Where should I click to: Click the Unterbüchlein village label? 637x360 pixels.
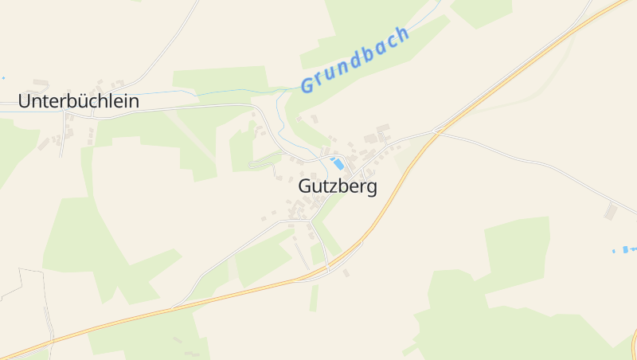point(79,101)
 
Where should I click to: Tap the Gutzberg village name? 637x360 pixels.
point(338,186)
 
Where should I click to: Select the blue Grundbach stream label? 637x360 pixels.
point(355,59)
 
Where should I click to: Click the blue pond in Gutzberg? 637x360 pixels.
point(338,163)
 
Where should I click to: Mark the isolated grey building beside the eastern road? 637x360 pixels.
point(611,211)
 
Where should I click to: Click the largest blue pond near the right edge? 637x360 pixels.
point(630,249)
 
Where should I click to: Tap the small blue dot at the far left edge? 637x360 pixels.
point(3,78)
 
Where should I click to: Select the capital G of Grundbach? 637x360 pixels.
point(307,84)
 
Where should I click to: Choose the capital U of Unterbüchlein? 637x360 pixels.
point(24,101)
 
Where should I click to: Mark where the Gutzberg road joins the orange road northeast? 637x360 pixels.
point(435,131)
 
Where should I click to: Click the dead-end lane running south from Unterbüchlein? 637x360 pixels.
point(63,143)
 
